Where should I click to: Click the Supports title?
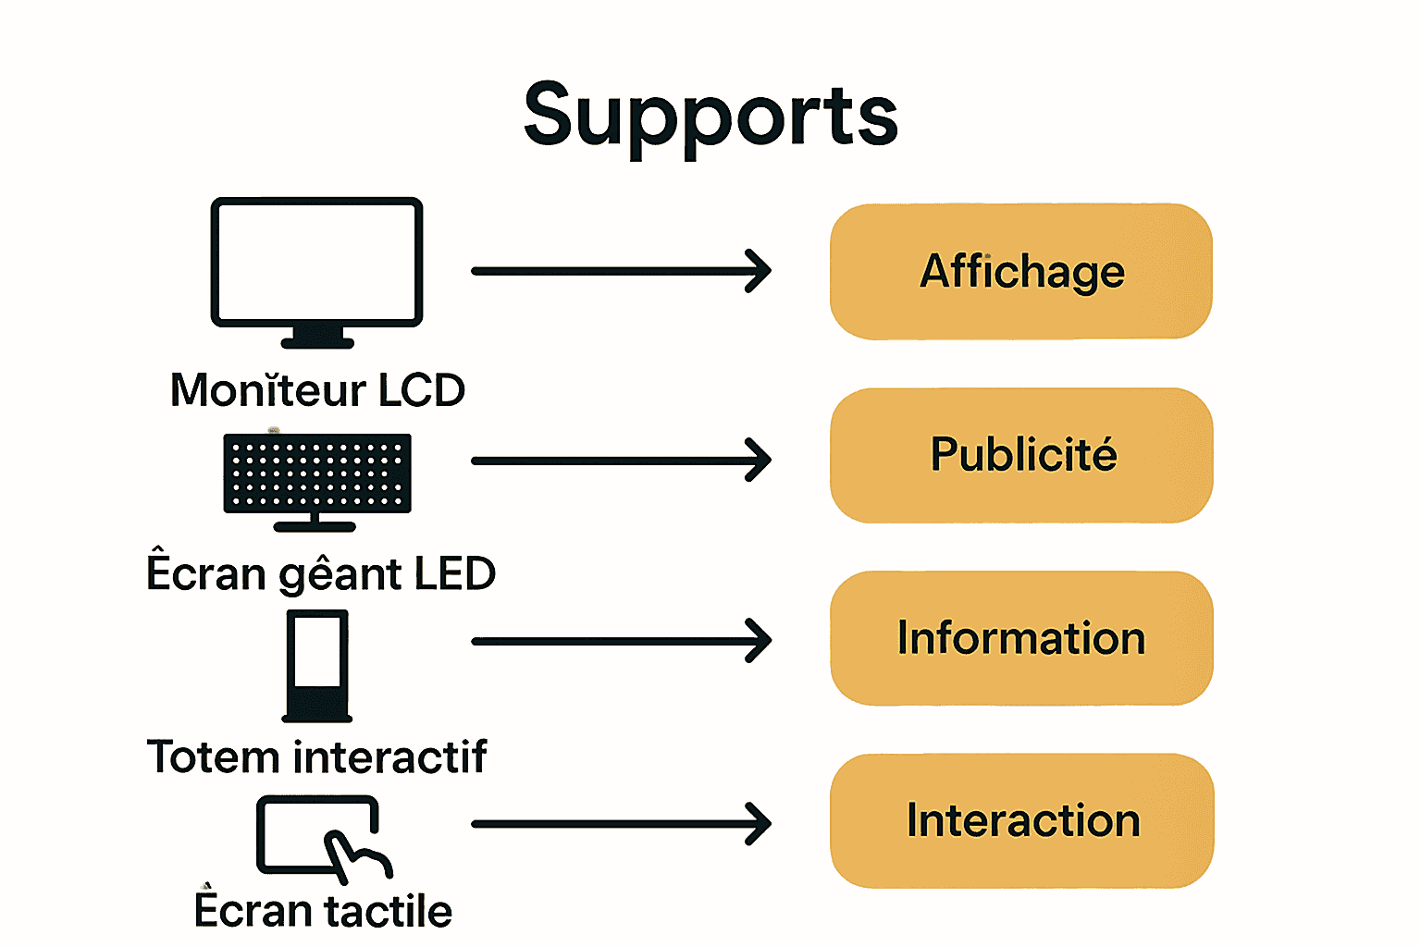710,116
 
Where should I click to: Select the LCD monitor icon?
316,263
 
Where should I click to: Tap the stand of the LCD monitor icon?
317,338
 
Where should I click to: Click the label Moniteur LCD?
317,390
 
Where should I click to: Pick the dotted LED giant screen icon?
317,473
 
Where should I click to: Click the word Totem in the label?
214,757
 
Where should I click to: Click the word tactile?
388,912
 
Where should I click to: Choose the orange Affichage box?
1020,272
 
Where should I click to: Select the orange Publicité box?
1020,455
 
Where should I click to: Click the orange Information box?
1020,638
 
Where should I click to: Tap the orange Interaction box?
1020,821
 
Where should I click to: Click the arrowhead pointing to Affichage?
760,271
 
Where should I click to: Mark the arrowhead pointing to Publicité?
760,460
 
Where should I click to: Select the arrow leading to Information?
620,641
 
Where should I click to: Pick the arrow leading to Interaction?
620,823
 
